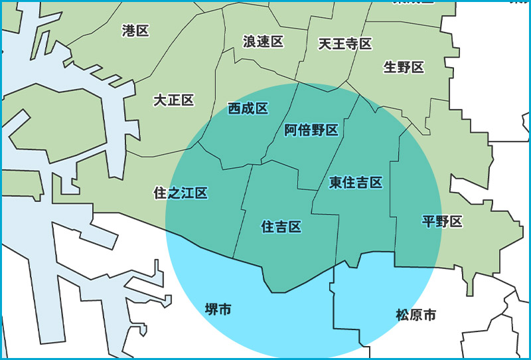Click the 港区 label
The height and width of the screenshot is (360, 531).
[x=135, y=31]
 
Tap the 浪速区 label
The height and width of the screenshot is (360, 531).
[x=263, y=42]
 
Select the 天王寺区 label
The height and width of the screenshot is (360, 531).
[x=344, y=44]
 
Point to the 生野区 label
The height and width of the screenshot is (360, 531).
[x=404, y=67]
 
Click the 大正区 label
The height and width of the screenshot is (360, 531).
[x=173, y=100]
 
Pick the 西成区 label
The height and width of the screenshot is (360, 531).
[x=248, y=108]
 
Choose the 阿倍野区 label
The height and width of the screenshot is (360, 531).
[x=311, y=130]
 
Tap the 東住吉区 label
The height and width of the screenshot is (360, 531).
[x=356, y=182]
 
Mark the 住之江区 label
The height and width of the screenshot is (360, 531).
[x=181, y=193]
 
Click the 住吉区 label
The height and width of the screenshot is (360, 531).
[x=281, y=227]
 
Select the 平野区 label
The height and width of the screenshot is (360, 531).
[x=442, y=221]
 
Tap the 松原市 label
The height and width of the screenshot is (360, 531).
[x=416, y=315]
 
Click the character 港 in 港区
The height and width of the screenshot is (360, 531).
[x=129, y=31]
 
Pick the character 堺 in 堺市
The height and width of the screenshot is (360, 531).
[x=211, y=309]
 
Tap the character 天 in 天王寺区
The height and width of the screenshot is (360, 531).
[x=325, y=44]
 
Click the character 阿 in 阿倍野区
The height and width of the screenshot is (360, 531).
[x=291, y=130]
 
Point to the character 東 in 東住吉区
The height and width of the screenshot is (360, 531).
[x=336, y=182]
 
